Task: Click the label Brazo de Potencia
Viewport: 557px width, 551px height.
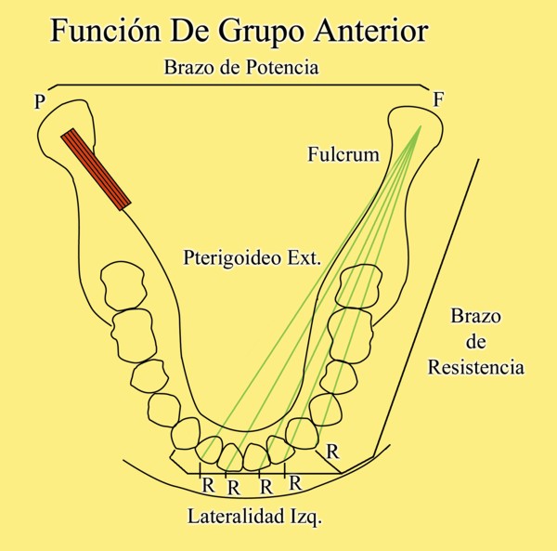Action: click(x=240, y=68)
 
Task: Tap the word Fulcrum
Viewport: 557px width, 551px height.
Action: click(x=343, y=155)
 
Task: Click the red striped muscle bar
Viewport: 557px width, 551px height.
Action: click(x=96, y=168)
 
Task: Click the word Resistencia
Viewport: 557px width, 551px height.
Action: click(x=475, y=367)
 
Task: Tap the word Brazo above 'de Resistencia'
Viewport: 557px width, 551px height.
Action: click(x=475, y=316)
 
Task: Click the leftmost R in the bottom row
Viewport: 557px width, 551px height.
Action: click(x=208, y=484)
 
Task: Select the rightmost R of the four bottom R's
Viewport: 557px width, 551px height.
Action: click(x=294, y=483)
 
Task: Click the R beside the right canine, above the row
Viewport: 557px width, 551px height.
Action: click(x=331, y=453)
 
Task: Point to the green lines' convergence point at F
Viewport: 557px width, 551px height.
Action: click(x=421, y=126)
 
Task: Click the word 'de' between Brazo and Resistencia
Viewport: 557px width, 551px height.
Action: click(x=475, y=342)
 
